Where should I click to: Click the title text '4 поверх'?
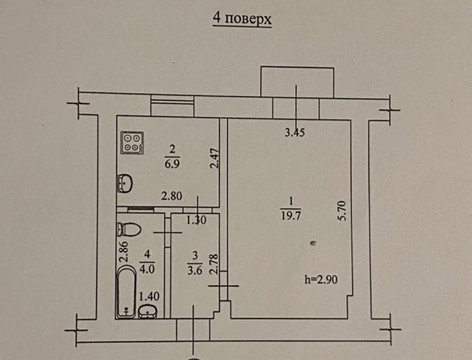pyautogui.click(x=242, y=19)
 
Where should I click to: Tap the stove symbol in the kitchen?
pyautogui.click(x=133, y=142)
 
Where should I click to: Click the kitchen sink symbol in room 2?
pyautogui.click(x=125, y=182)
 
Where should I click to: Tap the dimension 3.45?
pyautogui.click(x=294, y=133)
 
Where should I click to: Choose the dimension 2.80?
pyautogui.click(x=172, y=197)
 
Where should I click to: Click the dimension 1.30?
pyautogui.click(x=196, y=219)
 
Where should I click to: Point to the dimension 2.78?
pyautogui.click(x=214, y=263)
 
